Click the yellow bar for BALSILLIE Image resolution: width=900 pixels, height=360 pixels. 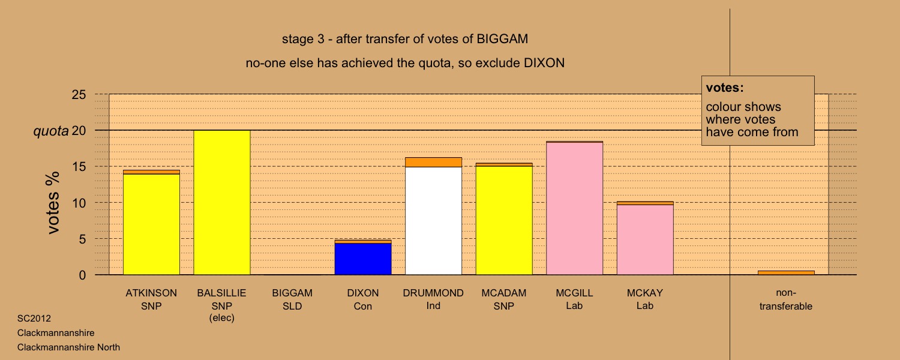click(x=222, y=203)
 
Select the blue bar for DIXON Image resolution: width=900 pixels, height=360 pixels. click(x=363, y=259)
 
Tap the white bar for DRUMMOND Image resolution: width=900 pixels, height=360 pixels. click(x=434, y=221)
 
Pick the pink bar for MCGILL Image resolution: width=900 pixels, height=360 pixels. click(x=575, y=209)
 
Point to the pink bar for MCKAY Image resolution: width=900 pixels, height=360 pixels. click(x=645, y=240)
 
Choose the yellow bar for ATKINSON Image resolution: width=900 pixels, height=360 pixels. click(x=151, y=224)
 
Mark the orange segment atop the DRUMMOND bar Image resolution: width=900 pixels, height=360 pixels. click(x=434, y=163)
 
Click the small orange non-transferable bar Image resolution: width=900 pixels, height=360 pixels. click(x=786, y=273)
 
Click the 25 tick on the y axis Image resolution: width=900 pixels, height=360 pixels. click(x=79, y=94)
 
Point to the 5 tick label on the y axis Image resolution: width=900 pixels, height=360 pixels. click(x=82, y=239)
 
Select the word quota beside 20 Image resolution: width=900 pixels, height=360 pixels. click(x=51, y=131)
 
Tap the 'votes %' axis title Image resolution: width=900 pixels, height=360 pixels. click(x=53, y=203)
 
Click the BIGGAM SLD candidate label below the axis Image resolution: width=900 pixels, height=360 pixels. click(x=292, y=299)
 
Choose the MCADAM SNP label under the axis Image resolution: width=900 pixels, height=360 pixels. click(x=504, y=299)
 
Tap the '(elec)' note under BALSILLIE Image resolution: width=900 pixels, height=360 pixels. click(x=222, y=318)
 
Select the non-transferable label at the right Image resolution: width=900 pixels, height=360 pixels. click(x=786, y=299)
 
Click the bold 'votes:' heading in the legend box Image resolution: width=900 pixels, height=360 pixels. click(x=725, y=88)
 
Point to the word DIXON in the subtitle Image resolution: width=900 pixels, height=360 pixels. click(x=544, y=63)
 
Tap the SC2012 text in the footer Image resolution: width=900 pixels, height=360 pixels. click(x=34, y=319)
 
